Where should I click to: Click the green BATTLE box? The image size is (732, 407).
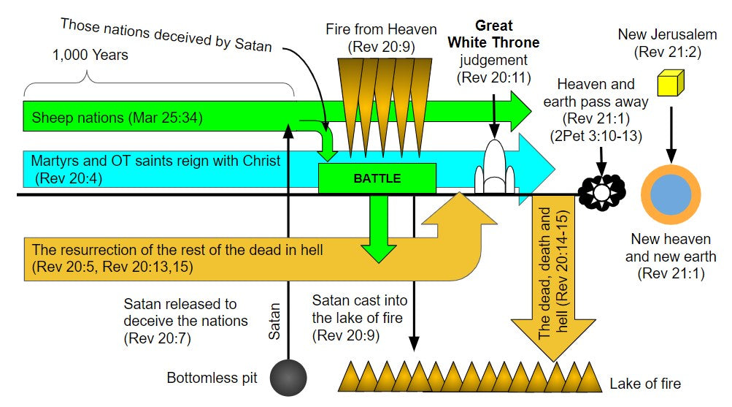pos(377,178)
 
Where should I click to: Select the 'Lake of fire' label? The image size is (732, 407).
pos(645,382)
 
